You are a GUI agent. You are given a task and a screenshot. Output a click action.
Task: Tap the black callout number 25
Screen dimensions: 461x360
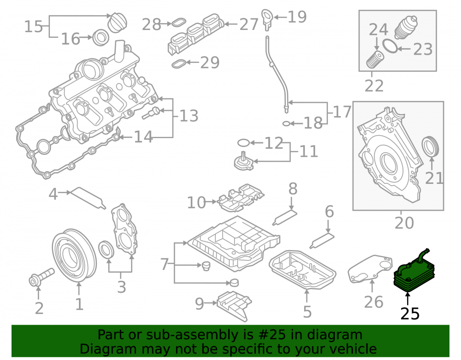[410, 314]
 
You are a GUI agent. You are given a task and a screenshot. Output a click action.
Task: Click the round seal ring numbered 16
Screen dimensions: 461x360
[101, 38]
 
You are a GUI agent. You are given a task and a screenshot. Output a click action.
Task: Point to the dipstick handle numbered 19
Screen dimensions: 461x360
[267, 19]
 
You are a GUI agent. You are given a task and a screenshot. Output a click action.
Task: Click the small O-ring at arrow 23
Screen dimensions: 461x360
[390, 46]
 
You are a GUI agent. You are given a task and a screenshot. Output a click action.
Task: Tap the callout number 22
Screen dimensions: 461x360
[374, 86]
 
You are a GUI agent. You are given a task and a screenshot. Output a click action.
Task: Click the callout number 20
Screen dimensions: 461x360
[404, 223]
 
